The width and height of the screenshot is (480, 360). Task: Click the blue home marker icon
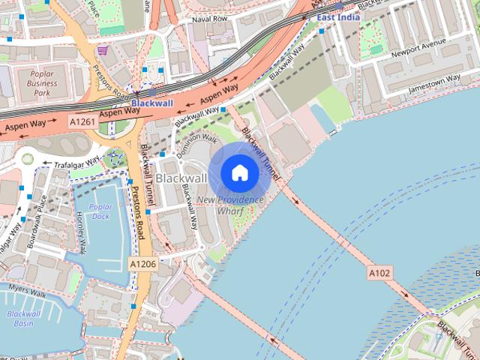pyautogui.click(x=239, y=173)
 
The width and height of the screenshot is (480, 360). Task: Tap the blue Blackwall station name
pyautogui.click(x=152, y=103)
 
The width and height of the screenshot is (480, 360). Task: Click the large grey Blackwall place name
pyautogui.click(x=181, y=178)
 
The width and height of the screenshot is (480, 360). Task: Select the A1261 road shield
pyautogui.click(x=82, y=121)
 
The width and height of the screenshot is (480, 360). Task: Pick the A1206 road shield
pyautogui.click(x=142, y=264)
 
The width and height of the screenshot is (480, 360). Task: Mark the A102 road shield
pyautogui.click(x=379, y=274)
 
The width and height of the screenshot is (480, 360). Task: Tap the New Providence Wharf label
pyautogui.click(x=229, y=205)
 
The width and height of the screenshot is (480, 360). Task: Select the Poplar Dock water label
pyautogui.click(x=100, y=211)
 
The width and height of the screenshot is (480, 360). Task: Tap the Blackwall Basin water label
pyautogui.click(x=22, y=319)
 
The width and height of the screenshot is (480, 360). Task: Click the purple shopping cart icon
pyautogui.click(x=102, y=50)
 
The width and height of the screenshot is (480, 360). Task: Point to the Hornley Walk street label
pyautogui.click(x=80, y=232)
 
